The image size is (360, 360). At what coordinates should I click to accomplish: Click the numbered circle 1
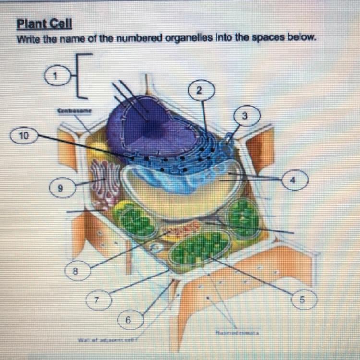pos(56,76)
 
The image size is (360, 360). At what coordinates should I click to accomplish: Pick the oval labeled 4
pos(291,179)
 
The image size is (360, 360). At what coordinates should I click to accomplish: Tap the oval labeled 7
pos(98,300)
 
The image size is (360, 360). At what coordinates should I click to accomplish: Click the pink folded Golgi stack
pos(105,181)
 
